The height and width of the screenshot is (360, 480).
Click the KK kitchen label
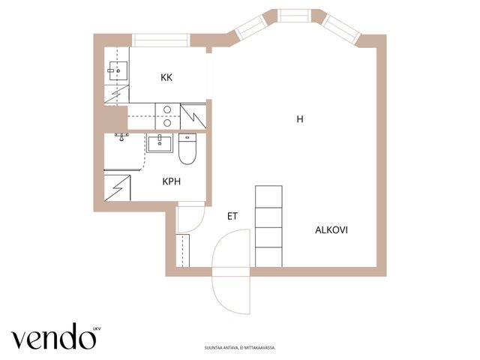point(166,77)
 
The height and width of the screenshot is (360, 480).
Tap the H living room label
point(300,119)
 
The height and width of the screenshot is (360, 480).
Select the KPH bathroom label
point(172,181)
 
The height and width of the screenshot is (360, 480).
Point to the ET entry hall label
point(232,217)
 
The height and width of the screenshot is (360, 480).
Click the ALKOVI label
point(331,230)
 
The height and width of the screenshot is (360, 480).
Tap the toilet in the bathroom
point(187,148)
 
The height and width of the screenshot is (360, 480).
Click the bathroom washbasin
point(160,143)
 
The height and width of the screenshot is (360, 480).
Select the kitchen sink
point(118,70)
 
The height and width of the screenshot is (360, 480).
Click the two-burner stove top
point(167,116)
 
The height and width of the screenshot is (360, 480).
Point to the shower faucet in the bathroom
point(121,136)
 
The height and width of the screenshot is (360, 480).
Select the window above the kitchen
point(161,40)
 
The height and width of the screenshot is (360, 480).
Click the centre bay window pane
point(294,16)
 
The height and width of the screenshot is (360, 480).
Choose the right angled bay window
point(341,28)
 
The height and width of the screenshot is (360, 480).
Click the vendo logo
point(53,337)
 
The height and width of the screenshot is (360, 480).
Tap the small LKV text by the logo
point(97,329)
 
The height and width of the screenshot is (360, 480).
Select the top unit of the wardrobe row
point(268,196)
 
